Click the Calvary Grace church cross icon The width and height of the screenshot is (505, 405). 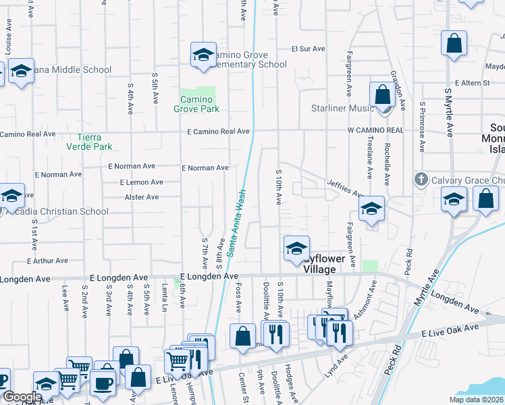pyautogui.click(x=421, y=179)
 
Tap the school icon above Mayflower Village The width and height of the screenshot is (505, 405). pyautogui.click(x=296, y=248)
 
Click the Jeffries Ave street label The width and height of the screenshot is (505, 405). pyautogui.click(x=346, y=188)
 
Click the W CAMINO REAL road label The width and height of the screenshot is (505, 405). pyautogui.click(x=375, y=130)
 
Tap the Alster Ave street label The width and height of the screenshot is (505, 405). pyautogui.click(x=142, y=197)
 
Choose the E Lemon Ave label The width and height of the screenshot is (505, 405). pyautogui.click(x=141, y=182)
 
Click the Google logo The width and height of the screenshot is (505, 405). pyautogui.click(x=22, y=397)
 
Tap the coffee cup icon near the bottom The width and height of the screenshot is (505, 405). pyautogui.click(x=103, y=382)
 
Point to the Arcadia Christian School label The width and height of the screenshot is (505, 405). pyautogui.click(x=58, y=211)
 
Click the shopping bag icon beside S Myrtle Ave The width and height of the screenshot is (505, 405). pyautogui.click(x=454, y=43)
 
